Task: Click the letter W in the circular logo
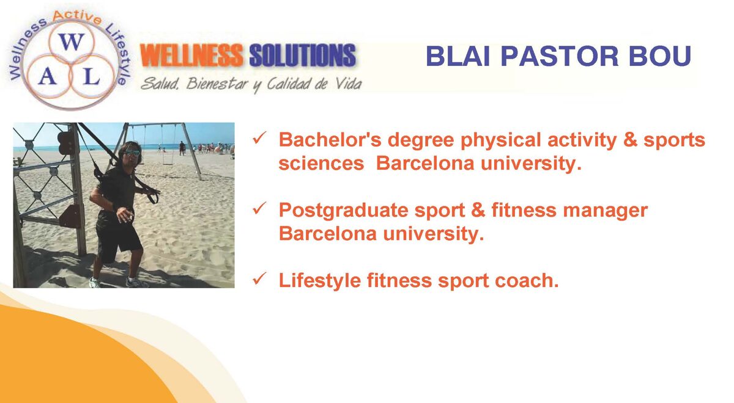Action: pos(72,43)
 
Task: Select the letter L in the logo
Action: pos(91,78)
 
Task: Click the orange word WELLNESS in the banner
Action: pos(191,56)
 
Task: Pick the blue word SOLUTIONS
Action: pos(302,56)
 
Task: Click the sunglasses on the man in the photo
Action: pos(132,153)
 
